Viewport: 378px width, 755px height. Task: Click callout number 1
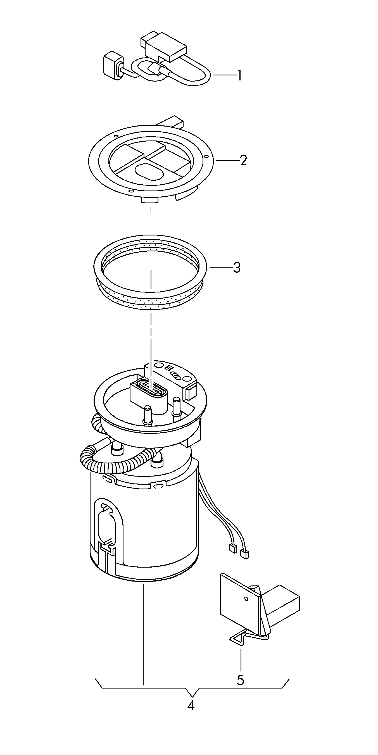click(239, 75)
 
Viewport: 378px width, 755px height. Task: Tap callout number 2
click(243, 161)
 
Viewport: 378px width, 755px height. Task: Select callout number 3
click(237, 268)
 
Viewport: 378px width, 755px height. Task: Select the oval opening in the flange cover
click(149, 172)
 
